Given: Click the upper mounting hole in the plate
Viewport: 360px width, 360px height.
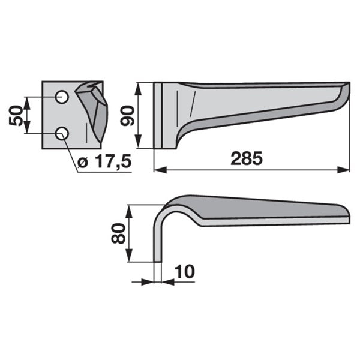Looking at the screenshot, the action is pos(62,97).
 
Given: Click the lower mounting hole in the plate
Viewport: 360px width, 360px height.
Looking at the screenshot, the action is pos(62,133).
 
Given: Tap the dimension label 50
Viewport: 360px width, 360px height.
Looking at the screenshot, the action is pos(16,115).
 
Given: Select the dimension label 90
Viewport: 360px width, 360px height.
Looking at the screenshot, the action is pos(127,115).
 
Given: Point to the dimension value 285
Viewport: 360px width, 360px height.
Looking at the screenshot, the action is pos(247,158).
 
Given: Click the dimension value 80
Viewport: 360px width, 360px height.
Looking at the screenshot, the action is pos(118,233).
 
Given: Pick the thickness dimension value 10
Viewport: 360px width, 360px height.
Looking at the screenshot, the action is pos(185,272).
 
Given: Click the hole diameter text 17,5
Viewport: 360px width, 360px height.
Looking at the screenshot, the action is pos(113,161).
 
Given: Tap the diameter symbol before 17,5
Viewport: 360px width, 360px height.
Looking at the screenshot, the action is pos(83,163).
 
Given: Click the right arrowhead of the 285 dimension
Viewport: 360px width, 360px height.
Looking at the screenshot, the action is pos(343,170).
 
